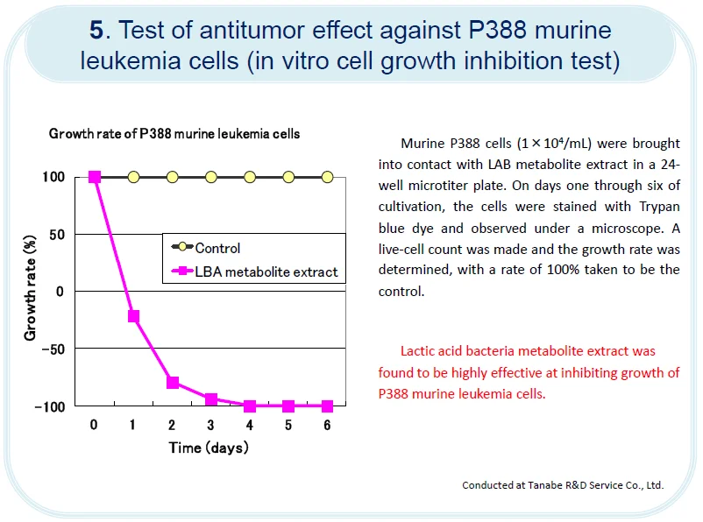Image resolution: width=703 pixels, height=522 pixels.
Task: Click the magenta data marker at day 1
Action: (134, 316)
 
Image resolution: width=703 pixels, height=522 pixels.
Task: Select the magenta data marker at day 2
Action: (173, 383)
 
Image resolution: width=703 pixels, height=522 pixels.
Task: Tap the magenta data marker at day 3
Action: (211, 399)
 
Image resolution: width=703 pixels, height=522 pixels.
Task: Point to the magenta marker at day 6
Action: (328, 406)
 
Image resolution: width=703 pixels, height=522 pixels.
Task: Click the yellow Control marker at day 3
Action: (211, 177)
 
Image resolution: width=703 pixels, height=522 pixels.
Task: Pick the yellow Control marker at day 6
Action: (328, 177)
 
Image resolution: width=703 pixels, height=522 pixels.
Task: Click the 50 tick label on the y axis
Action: (57, 234)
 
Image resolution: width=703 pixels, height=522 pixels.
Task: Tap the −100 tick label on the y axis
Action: (50, 406)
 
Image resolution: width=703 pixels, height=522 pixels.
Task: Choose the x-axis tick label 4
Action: (250, 426)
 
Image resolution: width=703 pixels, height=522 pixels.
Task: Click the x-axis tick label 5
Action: (288, 426)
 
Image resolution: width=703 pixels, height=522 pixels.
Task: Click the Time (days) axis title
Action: (209, 448)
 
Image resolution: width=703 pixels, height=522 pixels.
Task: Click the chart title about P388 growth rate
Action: (174, 134)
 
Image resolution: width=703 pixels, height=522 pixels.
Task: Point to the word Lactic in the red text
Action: (418, 351)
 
